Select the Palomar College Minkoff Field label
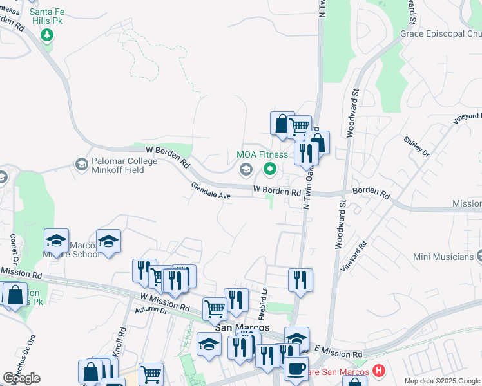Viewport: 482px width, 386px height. pyautogui.click(x=116, y=161)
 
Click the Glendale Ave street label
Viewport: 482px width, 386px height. pyautogui.click(x=211, y=190)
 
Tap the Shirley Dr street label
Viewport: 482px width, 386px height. pyautogui.click(x=416, y=147)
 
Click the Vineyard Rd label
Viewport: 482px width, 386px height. pyautogui.click(x=355, y=254)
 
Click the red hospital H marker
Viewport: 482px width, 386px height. pyautogui.click(x=378, y=372)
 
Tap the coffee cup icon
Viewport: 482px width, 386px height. pyautogui.click(x=296, y=368)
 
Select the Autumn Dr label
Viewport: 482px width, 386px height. pyautogui.click(x=151, y=309)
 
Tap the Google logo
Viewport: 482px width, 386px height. pyautogui.click(x=21, y=378)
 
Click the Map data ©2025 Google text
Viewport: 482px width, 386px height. pyautogui.click(x=441, y=381)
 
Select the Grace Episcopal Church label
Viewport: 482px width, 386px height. pyautogui.click(x=441, y=33)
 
